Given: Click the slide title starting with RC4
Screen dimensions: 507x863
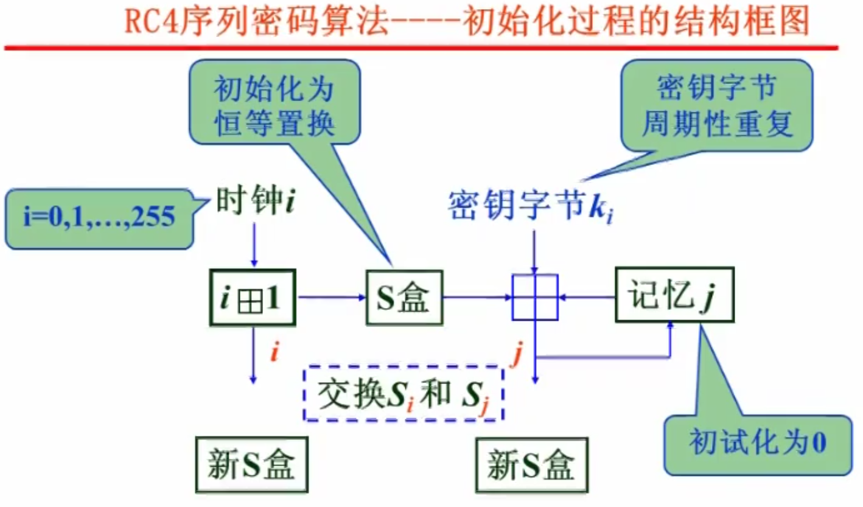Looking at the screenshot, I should tap(467, 23).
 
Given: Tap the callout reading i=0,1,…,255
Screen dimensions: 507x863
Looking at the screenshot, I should tap(97, 218).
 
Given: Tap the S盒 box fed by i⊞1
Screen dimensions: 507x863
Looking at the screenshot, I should tap(404, 297).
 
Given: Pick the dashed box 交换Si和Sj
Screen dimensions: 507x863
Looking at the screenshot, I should tap(403, 393).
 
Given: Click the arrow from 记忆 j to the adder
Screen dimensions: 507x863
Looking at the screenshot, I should tap(587, 297).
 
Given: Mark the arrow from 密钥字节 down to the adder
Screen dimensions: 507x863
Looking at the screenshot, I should tap(534, 250).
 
